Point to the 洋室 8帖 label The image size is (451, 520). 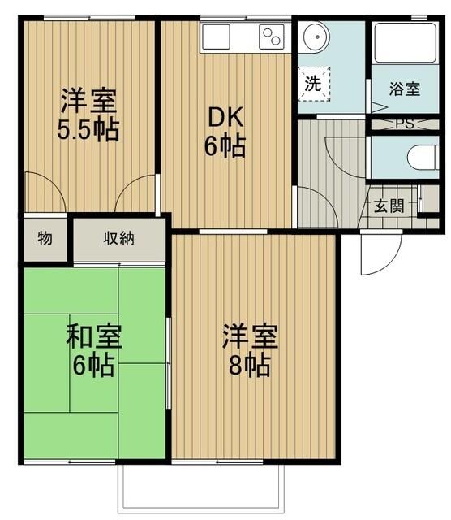click(251, 349)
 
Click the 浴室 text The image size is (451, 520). click(406, 89)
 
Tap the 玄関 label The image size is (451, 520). click(388, 205)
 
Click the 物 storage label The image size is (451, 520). click(45, 239)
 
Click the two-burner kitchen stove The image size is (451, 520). click(270, 37)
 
